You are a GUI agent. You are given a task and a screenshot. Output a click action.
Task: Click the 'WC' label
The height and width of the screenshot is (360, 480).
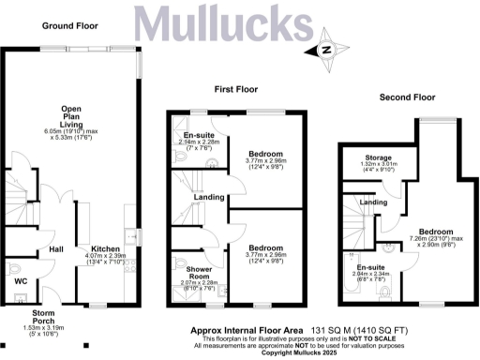(20, 279)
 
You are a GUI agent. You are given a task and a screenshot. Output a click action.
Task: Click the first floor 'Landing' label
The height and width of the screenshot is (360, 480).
(208, 197)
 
